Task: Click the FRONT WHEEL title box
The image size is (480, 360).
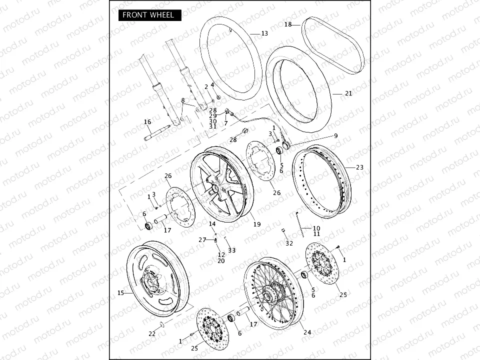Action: [x=149, y=15]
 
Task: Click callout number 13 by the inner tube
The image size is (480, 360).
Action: [x=264, y=33]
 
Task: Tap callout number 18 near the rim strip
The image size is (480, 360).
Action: [x=288, y=24]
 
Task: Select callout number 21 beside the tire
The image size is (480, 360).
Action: [x=348, y=93]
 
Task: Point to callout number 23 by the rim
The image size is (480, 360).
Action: [x=359, y=167]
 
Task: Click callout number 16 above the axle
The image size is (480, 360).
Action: [x=147, y=122]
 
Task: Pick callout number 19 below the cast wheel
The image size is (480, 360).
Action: [x=256, y=224]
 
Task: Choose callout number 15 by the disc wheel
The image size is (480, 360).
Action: [x=120, y=293]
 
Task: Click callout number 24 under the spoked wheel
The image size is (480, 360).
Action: [x=307, y=332]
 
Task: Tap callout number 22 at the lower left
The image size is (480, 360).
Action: [x=152, y=333]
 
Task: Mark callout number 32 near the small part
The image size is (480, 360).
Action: [x=289, y=243]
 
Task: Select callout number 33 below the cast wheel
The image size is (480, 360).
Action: [x=231, y=250]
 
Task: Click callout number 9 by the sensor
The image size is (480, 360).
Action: [x=335, y=135]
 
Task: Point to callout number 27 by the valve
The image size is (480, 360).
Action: [x=201, y=240]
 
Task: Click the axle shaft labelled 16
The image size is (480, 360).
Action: [x=156, y=132]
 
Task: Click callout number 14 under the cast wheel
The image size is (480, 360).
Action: [x=212, y=224]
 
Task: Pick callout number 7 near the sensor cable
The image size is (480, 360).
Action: [x=226, y=123]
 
